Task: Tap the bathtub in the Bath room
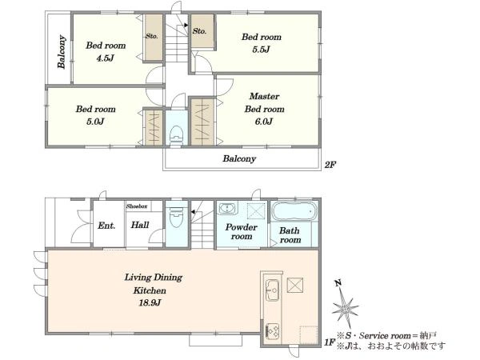tap(294, 211)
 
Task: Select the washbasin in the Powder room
tap(228, 208)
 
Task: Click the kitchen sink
tap(272, 290)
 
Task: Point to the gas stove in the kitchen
tap(272, 331)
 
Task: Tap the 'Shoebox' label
tap(137, 206)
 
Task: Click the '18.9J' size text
tap(150, 303)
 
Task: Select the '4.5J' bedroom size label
tap(106, 58)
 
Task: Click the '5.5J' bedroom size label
tap(261, 50)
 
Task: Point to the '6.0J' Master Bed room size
tap(264, 122)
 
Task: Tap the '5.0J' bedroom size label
tap(95, 122)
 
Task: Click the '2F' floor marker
tap(330, 165)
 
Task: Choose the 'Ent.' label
tap(106, 226)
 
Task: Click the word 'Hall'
tap(140, 225)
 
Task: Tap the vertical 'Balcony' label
tap(62, 52)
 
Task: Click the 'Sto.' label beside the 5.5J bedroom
tap(199, 31)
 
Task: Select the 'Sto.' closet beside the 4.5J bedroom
tap(154, 38)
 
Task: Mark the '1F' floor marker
tap(330, 342)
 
